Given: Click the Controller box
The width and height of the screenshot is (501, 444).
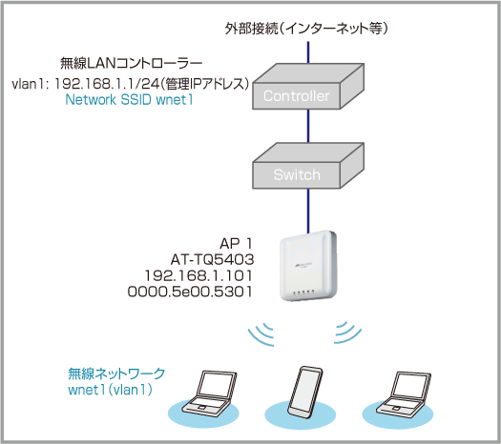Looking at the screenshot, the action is pos(308,87).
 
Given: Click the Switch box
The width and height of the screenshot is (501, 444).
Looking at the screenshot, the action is pos(308,166).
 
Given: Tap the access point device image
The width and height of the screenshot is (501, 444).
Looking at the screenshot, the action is pos(308,266).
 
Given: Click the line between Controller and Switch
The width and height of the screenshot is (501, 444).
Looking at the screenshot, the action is pos(308,126).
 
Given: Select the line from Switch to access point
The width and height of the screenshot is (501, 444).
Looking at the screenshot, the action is pos(308,211).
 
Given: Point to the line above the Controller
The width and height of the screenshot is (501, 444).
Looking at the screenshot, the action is pos(308,52).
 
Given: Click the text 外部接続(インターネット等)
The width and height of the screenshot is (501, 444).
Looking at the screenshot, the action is pos(306,29).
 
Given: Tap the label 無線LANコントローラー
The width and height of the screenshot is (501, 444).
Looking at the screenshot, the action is pos(132,63).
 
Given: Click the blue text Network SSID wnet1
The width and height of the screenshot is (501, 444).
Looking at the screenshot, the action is pos(129,99).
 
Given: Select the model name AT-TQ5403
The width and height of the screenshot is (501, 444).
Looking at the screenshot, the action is pos(212,260).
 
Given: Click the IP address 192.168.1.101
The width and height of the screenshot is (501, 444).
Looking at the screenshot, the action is pos(198,275).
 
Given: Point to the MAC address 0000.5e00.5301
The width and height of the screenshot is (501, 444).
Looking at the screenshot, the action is pos(190,292).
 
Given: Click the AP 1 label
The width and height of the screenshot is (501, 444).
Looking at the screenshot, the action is pos(236,244).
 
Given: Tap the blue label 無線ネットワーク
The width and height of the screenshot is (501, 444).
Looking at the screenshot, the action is pos(116,373).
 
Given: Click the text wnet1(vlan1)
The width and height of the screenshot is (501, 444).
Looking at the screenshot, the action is pos(111,390).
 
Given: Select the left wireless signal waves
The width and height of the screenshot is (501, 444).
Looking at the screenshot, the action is pos(261,334).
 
